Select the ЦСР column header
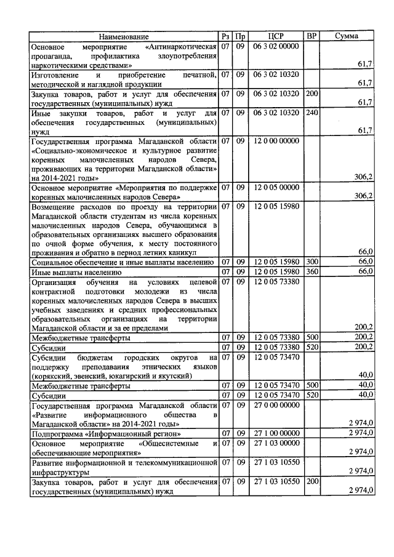click(x=276, y=37)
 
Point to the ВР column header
click(x=312, y=37)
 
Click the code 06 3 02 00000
click(x=276, y=47)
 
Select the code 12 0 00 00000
click(x=276, y=141)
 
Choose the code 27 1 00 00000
click(x=276, y=433)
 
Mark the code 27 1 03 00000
click(x=276, y=443)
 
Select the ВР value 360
click(x=312, y=271)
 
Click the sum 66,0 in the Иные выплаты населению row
click(x=366, y=271)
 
